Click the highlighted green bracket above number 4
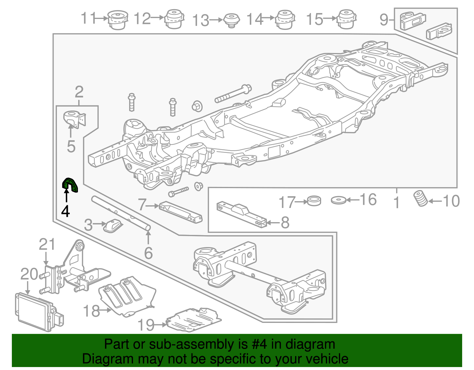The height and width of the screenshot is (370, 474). [x=70, y=185]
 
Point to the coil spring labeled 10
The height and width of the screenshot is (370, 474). [x=420, y=198]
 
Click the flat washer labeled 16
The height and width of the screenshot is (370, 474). [x=339, y=200]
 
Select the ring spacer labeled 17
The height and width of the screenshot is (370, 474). [x=314, y=201]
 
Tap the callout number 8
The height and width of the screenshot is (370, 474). [x=285, y=222]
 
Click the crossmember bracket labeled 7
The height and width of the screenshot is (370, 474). [x=180, y=211]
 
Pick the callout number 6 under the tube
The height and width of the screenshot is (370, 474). [x=148, y=253]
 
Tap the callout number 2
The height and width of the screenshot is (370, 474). [x=79, y=92]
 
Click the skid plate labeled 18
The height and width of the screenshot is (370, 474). [x=127, y=296]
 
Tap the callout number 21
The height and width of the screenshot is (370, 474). [x=47, y=244]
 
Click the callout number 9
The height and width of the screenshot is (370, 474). [x=384, y=20]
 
